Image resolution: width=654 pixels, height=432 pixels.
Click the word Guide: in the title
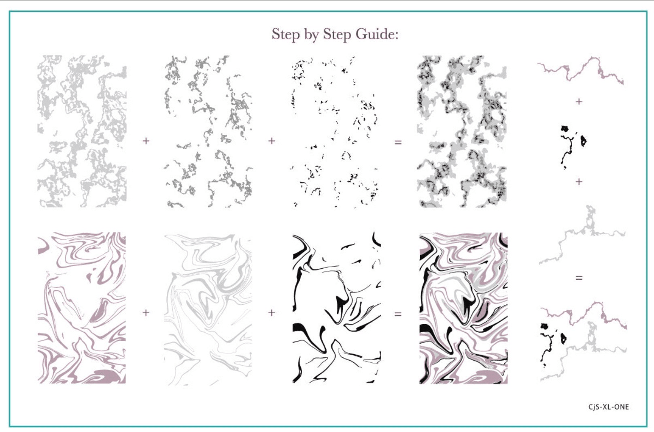tap(377, 34)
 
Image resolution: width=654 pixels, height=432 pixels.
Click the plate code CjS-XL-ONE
tap(609, 407)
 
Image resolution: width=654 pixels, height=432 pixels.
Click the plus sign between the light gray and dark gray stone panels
tap(146, 141)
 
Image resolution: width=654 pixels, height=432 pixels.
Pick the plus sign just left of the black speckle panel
tap(272, 141)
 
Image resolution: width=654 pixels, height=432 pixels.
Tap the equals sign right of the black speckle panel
tap(398, 142)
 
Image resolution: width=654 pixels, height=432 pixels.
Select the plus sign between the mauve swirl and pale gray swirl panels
tap(146, 313)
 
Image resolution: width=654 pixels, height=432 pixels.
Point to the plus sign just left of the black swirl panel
tap(272, 313)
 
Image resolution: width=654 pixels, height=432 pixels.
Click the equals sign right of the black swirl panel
tap(398, 314)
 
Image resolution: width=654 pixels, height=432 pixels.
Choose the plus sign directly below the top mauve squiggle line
tap(579, 102)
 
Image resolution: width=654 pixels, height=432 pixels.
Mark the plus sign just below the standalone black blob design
tap(579, 182)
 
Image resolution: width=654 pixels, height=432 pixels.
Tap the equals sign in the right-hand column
tap(579, 278)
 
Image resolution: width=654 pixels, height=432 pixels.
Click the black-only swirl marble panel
tap(337, 308)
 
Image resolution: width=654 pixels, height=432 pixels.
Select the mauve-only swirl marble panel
tap(82, 308)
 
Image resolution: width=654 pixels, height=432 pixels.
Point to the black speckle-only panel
tap(335, 132)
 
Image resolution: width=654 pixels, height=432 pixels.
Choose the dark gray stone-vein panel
tap(208, 132)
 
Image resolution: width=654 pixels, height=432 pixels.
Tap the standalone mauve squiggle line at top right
tap(581, 70)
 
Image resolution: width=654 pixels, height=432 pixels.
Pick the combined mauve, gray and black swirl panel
tap(464, 308)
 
